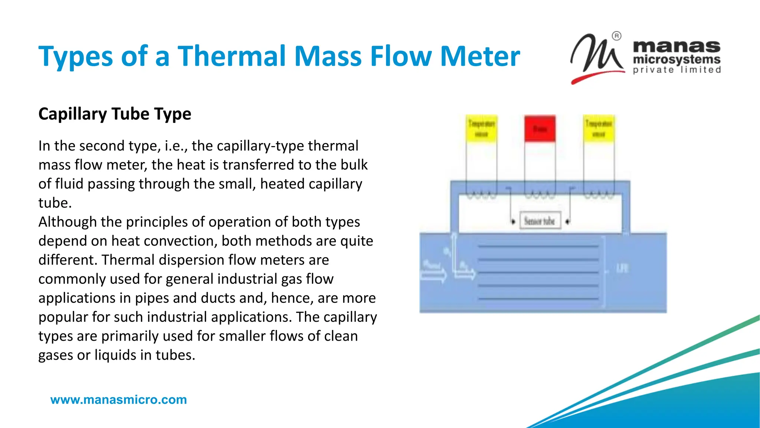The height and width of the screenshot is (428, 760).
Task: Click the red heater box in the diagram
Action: pos(540,129)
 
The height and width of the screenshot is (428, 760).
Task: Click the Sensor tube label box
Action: pos(540,221)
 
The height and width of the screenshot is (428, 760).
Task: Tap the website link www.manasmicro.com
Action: pos(118,400)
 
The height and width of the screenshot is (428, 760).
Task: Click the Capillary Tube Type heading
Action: pos(115,114)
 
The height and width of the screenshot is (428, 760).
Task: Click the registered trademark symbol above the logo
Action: pos(616,36)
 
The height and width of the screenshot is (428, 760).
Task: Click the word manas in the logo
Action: pos(676,47)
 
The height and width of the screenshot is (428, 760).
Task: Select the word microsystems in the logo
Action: pos(677,59)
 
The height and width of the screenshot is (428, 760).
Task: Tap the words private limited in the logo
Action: pos(677,70)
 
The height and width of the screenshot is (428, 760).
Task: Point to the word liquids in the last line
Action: pos(115,355)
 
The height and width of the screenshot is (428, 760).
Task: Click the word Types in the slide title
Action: pos(76,57)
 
